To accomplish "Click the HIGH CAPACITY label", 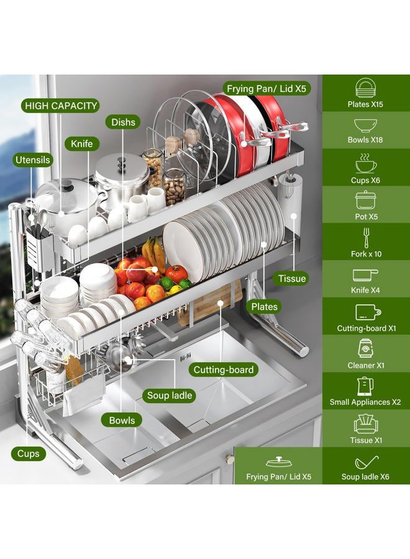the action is tap(61, 106).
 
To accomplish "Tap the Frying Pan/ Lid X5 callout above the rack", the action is tap(266, 89).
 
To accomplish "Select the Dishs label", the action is tap(123, 122).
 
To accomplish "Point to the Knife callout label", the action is tap(81, 143).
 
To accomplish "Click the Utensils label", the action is tap(32, 160).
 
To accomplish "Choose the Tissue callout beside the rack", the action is tap(292, 278).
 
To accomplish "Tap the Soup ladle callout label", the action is tap(170, 396).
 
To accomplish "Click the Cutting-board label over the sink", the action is tap(224, 370).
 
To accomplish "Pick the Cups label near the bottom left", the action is tap(28, 453).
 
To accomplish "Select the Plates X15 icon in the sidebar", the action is tap(365, 88).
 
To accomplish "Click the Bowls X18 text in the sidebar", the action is tap(365, 140).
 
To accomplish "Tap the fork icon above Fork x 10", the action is tap(366, 238).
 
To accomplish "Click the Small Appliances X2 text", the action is tap(365, 402).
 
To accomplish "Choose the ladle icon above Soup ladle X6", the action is tap(366, 462).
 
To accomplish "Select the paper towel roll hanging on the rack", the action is tap(291, 203).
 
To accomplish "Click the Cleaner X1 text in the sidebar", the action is tap(366, 365).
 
